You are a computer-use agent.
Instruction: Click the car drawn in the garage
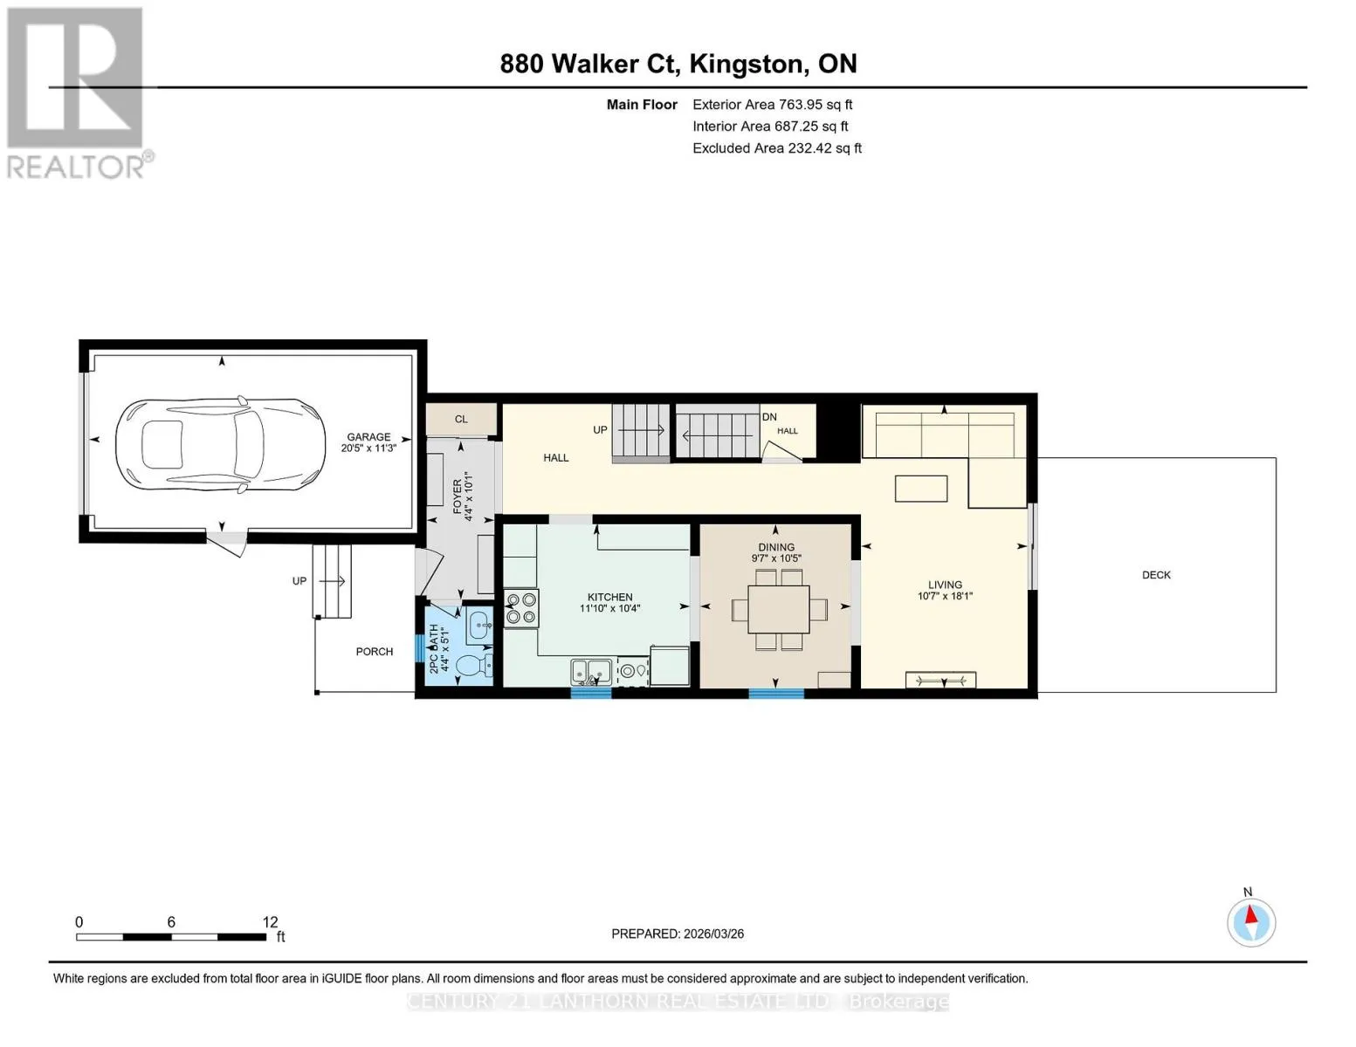tap(220, 447)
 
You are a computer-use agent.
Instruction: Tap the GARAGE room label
tap(368, 437)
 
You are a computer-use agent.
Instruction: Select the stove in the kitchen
tap(521, 609)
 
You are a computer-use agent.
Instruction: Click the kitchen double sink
tap(590, 672)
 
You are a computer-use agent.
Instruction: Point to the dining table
tap(778, 609)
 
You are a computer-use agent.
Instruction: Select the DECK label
tap(1156, 575)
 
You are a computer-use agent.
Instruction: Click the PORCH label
tap(375, 652)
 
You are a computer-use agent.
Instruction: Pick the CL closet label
tap(461, 419)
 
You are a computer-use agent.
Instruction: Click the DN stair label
tap(768, 417)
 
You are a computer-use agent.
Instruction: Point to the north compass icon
tap(1250, 923)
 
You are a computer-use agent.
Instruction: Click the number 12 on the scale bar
tap(270, 921)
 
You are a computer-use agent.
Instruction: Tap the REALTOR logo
tap(78, 93)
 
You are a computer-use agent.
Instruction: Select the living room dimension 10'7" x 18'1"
tap(945, 596)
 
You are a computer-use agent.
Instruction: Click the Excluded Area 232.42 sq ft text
tap(777, 148)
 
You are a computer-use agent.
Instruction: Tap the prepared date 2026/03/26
tap(713, 934)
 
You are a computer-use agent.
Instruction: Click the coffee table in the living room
tap(921, 489)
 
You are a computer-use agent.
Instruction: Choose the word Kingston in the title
tap(746, 64)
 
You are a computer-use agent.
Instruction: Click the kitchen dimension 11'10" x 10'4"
tap(609, 609)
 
